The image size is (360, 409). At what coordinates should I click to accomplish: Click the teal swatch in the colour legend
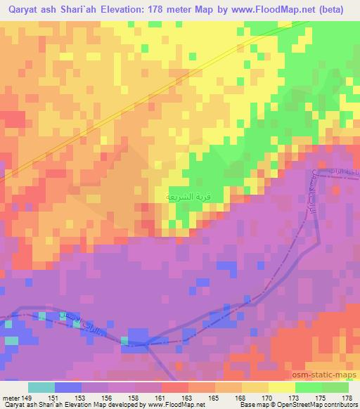click(41, 387)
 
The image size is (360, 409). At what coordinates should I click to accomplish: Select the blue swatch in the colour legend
click(68, 387)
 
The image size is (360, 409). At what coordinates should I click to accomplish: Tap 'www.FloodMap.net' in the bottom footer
click(175, 405)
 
